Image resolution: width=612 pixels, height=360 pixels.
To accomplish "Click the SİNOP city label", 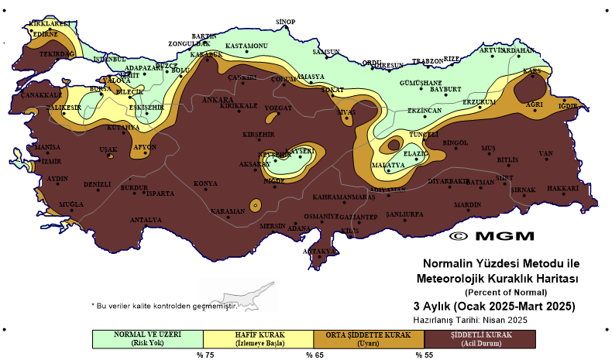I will (287, 21).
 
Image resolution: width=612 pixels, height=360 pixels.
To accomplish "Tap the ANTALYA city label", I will (146, 220).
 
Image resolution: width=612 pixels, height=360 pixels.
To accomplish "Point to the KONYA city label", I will (205, 183).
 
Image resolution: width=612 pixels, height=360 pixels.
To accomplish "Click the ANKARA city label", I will (215, 100).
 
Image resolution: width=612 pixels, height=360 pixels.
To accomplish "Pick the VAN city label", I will (545, 153).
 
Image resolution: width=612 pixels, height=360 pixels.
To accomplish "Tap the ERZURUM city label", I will (478, 101).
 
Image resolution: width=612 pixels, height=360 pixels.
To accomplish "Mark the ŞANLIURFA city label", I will (402, 213).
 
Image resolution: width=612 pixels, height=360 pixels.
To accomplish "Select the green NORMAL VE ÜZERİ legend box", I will (146, 338).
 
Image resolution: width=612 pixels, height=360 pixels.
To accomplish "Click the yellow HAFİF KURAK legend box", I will (258, 338).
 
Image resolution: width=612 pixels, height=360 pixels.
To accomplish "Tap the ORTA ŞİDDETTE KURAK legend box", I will (369, 338).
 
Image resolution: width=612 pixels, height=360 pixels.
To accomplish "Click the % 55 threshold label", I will (424, 355).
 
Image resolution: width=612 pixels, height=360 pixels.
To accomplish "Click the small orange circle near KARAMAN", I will (253, 205).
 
